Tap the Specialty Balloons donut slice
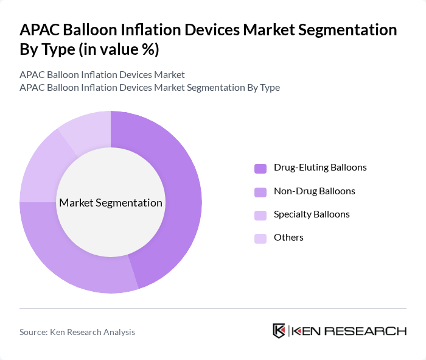pyautogui.click(x=40, y=168)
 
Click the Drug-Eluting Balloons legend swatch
pyautogui.click(x=260, y=168)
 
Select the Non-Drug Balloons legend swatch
pyautogui.click(x=260, y=192)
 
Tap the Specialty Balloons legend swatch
pyautogui.click(x=260, y=215)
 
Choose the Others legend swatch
pyautogui.click(x=260, y=238)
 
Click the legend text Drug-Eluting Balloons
pyautogui.click(x=320, y=167)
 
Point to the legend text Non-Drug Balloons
pyautogui.click(x=314, y=191)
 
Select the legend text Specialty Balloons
pyautogui.click(x=312, y=214)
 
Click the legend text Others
pyautogui.click(x=288, y=238)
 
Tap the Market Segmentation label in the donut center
pyautogui.click(x=111, y=203)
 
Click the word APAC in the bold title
pyautogui.click(x=40, y=30)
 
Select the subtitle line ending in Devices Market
pyautogui.click(x=102, y=75)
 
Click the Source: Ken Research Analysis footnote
pyautogui.click(x=77, y=332)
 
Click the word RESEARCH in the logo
pyautogui.click(x=372, y=331)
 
